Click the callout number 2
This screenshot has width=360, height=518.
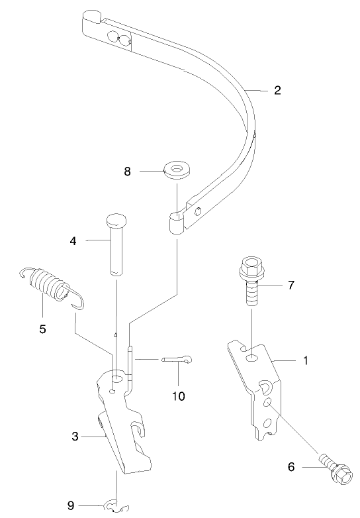point(277,90)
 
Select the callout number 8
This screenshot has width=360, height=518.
point(127,171)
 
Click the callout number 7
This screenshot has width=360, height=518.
point(291,285)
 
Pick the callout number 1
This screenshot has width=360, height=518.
point(305,361)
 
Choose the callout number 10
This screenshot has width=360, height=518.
point(179,396)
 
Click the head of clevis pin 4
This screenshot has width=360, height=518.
point(116,221)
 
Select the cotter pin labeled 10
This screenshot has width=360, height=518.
point(180,360)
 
